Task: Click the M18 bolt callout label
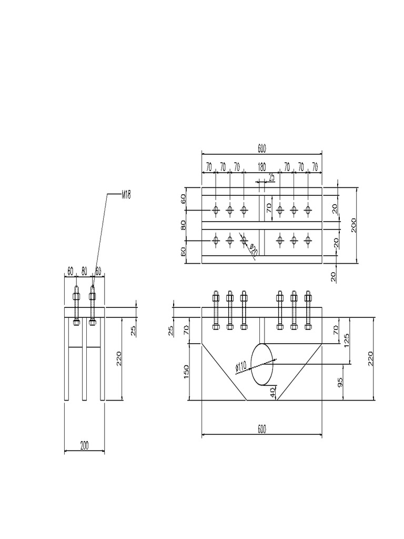coord(126,195)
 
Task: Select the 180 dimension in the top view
coord(261,167)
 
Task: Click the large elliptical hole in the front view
coord(262,364)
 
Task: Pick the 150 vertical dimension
coord(186,371)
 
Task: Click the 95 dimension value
coord(339,382)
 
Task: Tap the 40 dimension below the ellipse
coord(272,393)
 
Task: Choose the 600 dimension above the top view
coord(261,149)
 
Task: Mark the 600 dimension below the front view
coord(261,430)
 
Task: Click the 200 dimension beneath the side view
coord(84,445)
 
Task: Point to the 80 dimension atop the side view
coord(84,271)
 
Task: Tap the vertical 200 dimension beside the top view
coord(354,225)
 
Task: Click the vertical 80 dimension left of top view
coord(184,225)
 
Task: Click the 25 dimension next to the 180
coord(271,177)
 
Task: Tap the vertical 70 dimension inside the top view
coord(268,208)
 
